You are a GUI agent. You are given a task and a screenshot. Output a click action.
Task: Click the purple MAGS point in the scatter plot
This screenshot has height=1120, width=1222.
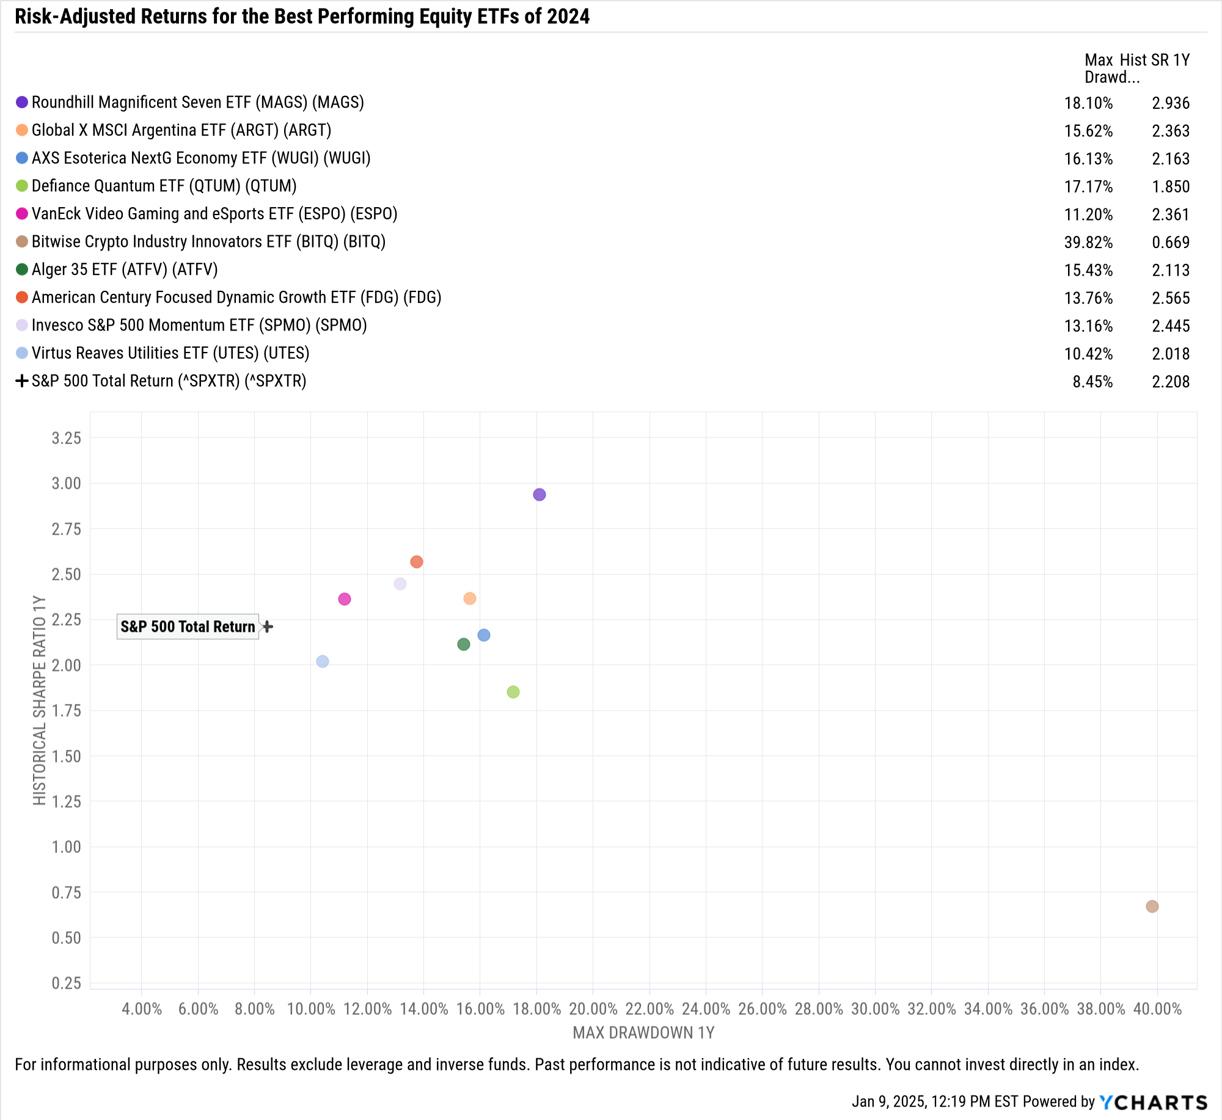tap(539, 494)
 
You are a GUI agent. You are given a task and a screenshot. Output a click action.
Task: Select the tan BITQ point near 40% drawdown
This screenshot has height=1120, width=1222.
tap(1152, 906)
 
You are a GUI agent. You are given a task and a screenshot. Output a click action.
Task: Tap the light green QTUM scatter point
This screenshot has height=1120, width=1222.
tap(513, 692)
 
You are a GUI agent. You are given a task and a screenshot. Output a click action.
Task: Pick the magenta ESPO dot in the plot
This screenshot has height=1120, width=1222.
tap(345, 599)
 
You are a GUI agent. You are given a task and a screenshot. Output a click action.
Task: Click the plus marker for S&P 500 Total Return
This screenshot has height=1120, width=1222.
tap(268, 626)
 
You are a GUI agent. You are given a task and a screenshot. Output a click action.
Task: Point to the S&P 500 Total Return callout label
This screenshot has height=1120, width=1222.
tap(188, 626)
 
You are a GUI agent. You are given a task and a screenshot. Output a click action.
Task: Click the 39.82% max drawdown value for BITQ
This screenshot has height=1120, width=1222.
tap(1088, 243)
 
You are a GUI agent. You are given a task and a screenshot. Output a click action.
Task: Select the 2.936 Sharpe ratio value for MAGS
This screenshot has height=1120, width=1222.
tap(1171, 103)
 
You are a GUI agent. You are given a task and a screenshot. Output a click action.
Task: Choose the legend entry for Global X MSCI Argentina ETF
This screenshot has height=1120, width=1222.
tap(181, 130)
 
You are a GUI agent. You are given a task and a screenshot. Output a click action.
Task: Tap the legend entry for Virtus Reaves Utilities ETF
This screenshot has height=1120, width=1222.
tap(170, 353)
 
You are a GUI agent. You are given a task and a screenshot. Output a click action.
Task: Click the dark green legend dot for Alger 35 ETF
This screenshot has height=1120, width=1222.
tap(22, 269)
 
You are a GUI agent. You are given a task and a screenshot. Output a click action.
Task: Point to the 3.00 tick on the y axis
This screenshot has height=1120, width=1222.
tap(66, 483)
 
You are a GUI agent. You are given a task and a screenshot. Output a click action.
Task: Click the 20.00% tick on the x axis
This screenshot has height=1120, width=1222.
tap(593, 1008)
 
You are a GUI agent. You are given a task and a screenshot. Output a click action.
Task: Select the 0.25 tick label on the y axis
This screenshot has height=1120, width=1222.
tap(66, 983)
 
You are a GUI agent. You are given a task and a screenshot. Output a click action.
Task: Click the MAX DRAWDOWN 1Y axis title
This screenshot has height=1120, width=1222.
tap(643, 1033)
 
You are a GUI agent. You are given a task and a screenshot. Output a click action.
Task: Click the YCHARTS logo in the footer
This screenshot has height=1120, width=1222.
tap(1154, 1102)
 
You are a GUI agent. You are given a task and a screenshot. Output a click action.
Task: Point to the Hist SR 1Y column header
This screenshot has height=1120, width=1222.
tap(1155, 60)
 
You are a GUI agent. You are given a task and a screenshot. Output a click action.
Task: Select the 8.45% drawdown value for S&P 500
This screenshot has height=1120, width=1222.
tap(1092, 382)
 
